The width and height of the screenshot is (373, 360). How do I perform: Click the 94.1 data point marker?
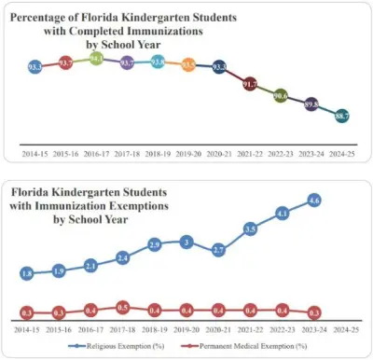[x=97, y=58]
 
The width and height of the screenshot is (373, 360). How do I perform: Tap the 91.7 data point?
[x=250, y=84]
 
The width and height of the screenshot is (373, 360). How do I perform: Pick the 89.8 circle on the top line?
[x=311, y=104]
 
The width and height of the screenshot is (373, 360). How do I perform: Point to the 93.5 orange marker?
[x=188, y=64]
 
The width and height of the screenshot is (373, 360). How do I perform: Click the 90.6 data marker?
[x=281, y=96]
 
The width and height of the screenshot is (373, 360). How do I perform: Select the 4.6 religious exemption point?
[x=314, y=200]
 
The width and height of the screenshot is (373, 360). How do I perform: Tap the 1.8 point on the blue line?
[x=27, y=273]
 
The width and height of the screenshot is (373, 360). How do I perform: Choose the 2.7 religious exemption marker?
[x=218, y=250]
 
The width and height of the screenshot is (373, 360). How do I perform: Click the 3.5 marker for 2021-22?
[x=250, y=228]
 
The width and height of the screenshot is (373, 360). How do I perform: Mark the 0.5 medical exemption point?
[x=122, y=306]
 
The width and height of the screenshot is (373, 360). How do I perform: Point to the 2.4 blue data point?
[x=122, y=256]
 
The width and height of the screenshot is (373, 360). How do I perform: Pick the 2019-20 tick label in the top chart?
[x=188, y=151]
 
